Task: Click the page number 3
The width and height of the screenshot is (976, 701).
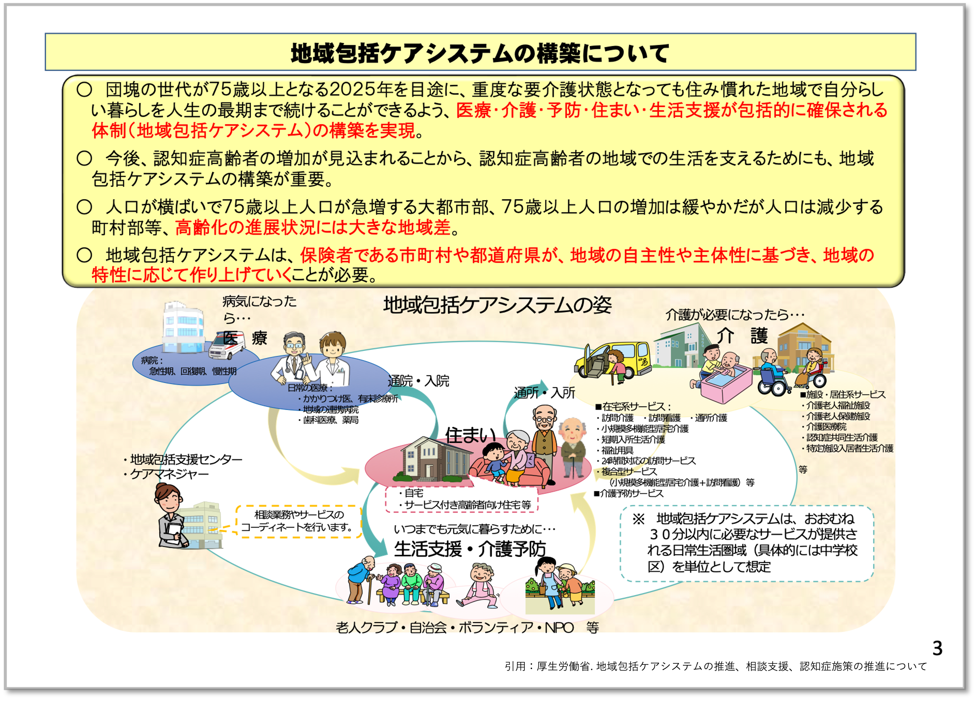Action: pyautogui.click(x=937, y=648)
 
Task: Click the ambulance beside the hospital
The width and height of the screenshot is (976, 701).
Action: pyautogui.click(x=226, y=347)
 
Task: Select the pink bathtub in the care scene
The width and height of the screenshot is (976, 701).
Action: pyautogui.click(x=726, y=384)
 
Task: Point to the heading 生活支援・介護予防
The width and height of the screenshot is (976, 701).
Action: pyautogui.click(x=470, y=549)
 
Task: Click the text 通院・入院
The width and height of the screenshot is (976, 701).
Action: pyautogui.click(x=418, y=381)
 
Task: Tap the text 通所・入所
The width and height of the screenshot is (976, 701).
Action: pyautogui.click(x=544, y=392)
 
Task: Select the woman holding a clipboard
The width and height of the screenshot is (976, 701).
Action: pyautogui.click(x=171, y=517)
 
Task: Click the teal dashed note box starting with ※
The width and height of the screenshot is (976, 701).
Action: pyautogui.click(x=747, y=543)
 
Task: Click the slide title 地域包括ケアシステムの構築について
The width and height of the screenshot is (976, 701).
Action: pyautogui.click(x=480, y=53)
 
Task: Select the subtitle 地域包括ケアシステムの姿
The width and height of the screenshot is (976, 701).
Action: pyautogui.click(x=497, y=305)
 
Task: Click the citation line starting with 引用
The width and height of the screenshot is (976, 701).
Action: pyautogui.click(x=716, y=667)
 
